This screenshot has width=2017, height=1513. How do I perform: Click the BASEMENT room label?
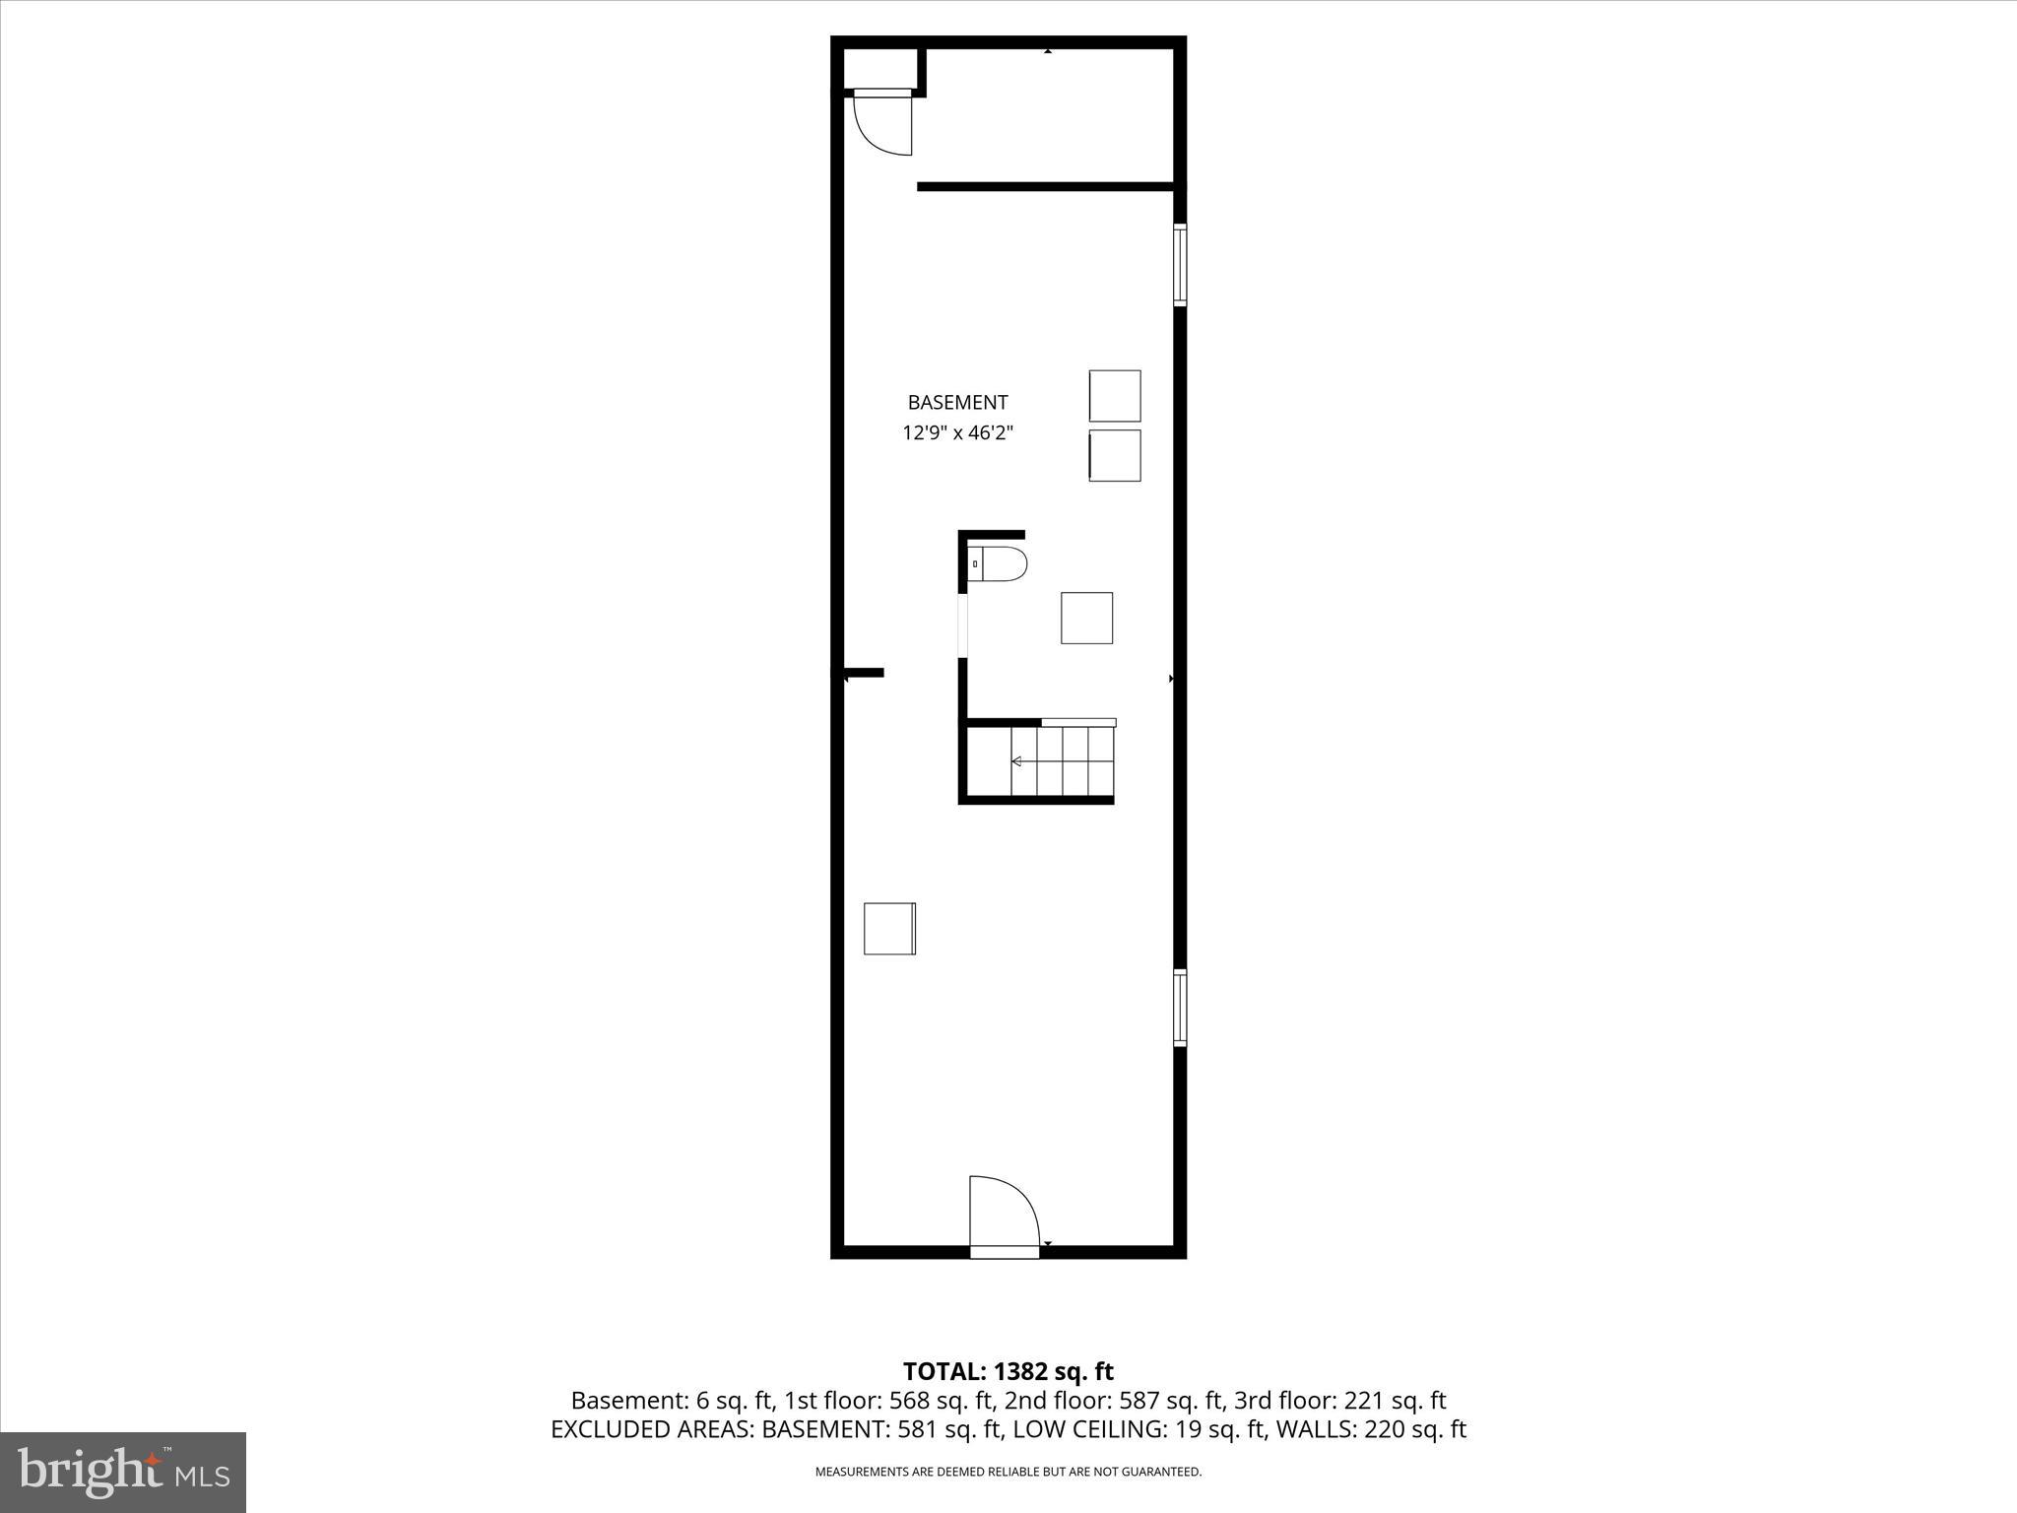(x=957, y=402)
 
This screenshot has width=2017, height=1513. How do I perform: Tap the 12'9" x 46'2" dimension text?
(x=957, y=432)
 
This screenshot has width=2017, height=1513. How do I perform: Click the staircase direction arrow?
(x=1016, y=760)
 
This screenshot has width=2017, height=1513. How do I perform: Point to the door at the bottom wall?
(x=1004, y=1217)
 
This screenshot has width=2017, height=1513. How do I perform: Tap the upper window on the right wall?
(x=1179, y=264)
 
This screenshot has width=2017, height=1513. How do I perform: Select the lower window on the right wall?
(x=1179, y=1007)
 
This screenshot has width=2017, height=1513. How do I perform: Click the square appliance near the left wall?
(x=889, y=928)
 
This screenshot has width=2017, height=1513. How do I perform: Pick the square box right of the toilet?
(x=1086, y=618)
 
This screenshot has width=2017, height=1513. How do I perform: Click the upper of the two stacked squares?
(x=1115, y=396)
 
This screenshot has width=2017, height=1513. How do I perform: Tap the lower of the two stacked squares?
(x=1115, y=455)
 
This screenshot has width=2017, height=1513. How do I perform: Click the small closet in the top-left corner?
(x=881, y=69)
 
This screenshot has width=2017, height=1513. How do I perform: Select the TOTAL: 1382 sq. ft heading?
(x=1008, y=1371)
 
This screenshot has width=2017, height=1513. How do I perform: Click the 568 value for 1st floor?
(x=909, y=1400)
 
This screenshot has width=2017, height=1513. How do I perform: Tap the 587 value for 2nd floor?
(x=1139, y=1400)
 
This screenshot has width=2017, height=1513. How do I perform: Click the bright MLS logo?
(x=123, y=1472)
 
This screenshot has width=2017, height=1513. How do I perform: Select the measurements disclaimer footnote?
(x=1008, y=1472)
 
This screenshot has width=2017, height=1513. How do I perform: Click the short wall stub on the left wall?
(x=864, y=673)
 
